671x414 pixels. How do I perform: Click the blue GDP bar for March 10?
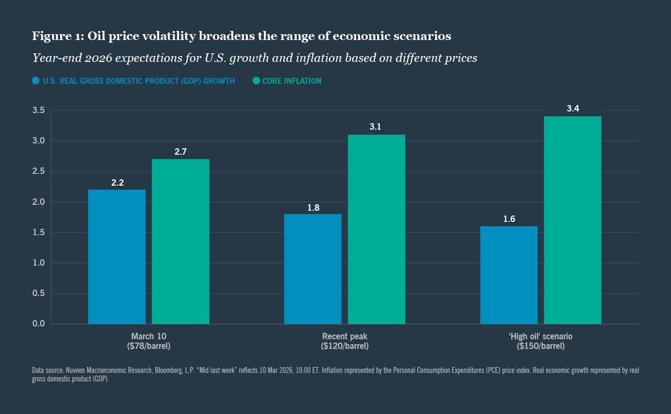(116, 257)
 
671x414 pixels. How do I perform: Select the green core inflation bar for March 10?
(181, 241)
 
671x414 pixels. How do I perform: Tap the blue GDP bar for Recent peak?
(313, 269)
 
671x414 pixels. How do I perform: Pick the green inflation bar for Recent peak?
(377, 229)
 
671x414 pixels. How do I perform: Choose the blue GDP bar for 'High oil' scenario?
(509, 275)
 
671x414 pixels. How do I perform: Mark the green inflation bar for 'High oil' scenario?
(573, 220)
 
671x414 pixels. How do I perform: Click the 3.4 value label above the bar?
(573, 109)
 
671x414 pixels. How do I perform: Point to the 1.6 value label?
(509, 219)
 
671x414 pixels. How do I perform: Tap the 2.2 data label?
(117, 182)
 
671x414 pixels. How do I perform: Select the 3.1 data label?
(377, 127)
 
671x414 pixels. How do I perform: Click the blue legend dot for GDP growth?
(36, 81)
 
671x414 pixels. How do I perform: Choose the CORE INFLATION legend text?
(292, 81)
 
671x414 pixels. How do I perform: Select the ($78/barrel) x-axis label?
(149, 346)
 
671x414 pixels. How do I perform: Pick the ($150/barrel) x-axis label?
(541, 346)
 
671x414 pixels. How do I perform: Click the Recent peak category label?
(345, 337)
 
